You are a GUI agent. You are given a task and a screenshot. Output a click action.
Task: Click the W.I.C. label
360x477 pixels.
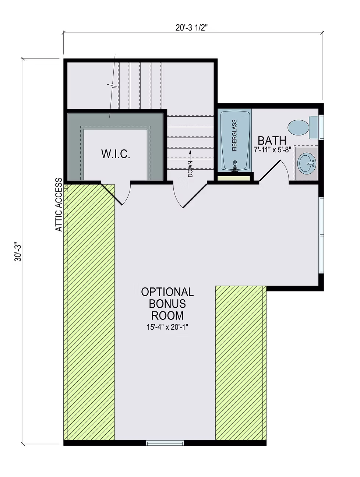pyautogui.click(x=116, y=154)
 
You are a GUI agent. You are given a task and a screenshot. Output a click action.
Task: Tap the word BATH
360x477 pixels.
pyautogui.click(x=272, y=141)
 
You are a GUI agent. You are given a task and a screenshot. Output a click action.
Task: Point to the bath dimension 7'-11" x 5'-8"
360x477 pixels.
pyautogui.click(x=273, y=150)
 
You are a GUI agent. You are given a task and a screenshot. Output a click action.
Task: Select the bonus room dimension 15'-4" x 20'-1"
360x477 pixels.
pyautogui.click(x=167, y=327)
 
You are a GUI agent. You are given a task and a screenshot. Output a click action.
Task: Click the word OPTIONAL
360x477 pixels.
pyautogui.click(x=167, y=292)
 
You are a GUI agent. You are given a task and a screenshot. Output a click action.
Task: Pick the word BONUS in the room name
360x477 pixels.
pyautogui.click(x=167, y=304)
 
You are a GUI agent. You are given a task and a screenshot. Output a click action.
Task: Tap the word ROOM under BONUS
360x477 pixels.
pyautogui.click(x=167, y=315)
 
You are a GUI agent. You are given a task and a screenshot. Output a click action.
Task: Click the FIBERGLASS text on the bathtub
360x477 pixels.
pyautogui.click(x=234, y=135)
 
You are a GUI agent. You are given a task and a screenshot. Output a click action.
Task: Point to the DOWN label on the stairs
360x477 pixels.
pyautogui.click(x=190, y=169)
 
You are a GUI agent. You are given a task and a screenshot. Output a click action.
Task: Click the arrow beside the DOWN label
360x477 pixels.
pyautogui.click(x=190, y=154)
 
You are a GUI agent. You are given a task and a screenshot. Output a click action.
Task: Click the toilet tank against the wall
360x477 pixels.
pyautogui.click(x=314, y=127)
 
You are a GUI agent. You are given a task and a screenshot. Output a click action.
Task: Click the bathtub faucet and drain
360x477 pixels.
pyautogui.click(x=234, y=166)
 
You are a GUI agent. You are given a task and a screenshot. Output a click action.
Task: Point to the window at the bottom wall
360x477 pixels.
pyautogui.click(x=165, y=443)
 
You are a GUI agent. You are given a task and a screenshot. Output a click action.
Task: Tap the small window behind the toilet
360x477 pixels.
pyautogui.click(x=322, y=127)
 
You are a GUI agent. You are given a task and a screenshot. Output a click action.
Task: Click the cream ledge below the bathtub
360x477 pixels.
pyautogui.click(x=234, y=178)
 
